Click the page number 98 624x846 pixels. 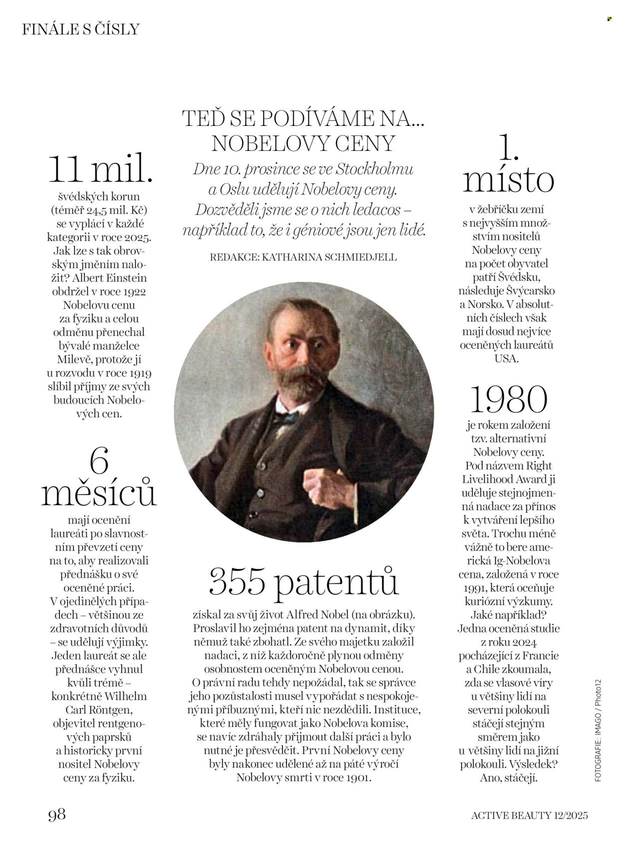point(57,815)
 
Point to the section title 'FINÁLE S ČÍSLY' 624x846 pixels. point(80,29)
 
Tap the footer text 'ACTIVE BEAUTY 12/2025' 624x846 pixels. point(530,815)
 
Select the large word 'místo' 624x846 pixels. point(508,181)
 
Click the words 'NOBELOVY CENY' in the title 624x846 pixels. point(303,143)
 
